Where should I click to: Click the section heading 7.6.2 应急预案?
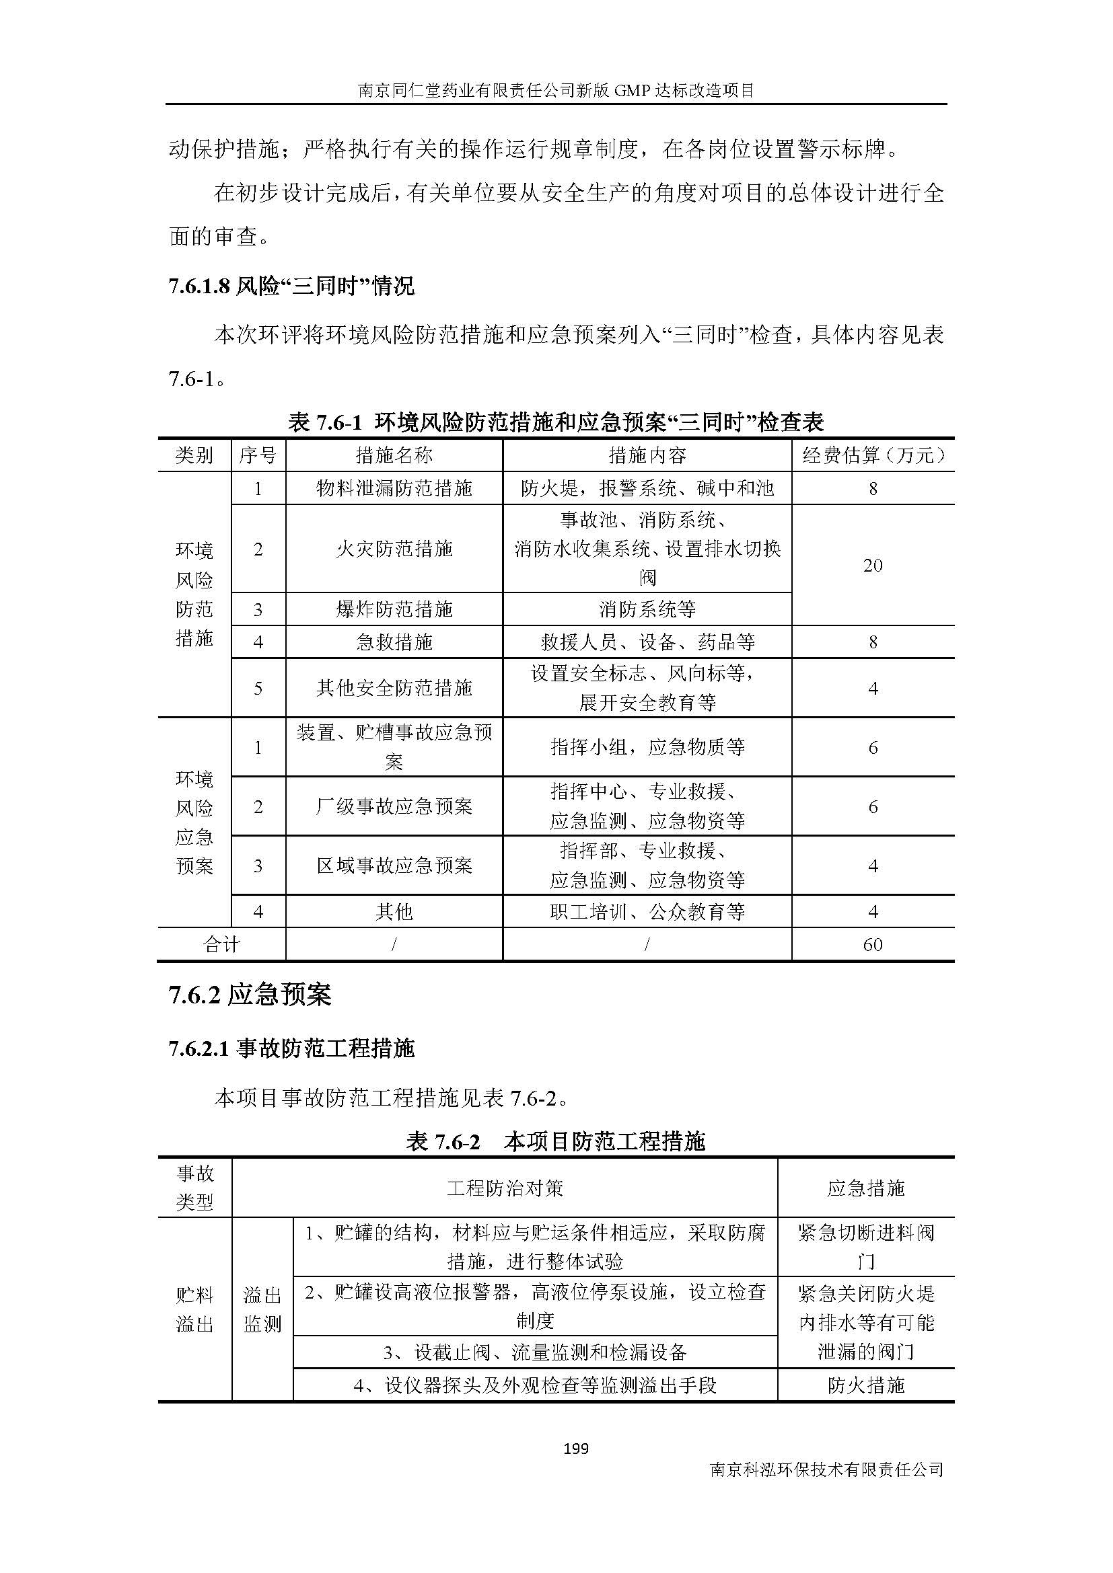click(x=250, y=995)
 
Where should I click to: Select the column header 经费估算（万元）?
click(x=873, y=455)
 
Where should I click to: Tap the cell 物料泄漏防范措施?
click(x=394, y=488)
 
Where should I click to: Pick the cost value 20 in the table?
click(x=873, y=565)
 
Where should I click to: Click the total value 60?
click(x=873, y=945)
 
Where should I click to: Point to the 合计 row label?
click(x=221, y=945)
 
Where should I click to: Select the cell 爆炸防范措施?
click(x=394, y=609)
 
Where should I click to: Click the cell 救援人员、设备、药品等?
click(x=647, y=642)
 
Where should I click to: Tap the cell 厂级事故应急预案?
click(x=394, y=806)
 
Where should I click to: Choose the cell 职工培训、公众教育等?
click(x=647, y=912)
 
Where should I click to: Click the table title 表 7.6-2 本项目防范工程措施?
click(x=555, y=1141)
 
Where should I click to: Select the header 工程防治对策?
click(x=505, y=1188)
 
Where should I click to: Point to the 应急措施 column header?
click(x=865, y=1188)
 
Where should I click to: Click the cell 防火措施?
click(x=865, y=1385)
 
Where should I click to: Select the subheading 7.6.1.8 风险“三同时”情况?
click(x=291, y=286)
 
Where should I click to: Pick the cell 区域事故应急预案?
click(x=394, y=866)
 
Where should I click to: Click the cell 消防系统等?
click(x=647, y=609)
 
